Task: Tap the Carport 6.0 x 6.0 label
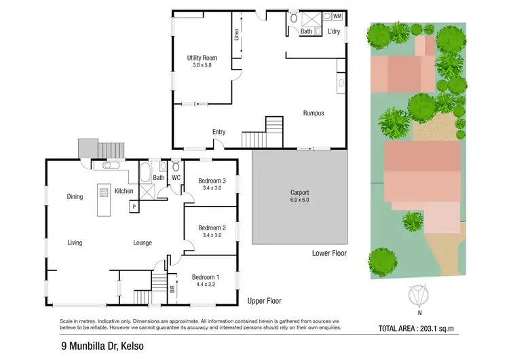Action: [299, 196]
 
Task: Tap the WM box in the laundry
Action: [337, 16]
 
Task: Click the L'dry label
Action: [334, 31]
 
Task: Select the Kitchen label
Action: [124, 191]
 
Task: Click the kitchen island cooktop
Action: [104, 192]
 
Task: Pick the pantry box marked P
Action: [134, 206]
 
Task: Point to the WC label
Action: [176, 179]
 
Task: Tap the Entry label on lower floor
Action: [219, 132]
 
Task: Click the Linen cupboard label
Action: [237, 35]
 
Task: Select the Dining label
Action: [75, 197]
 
